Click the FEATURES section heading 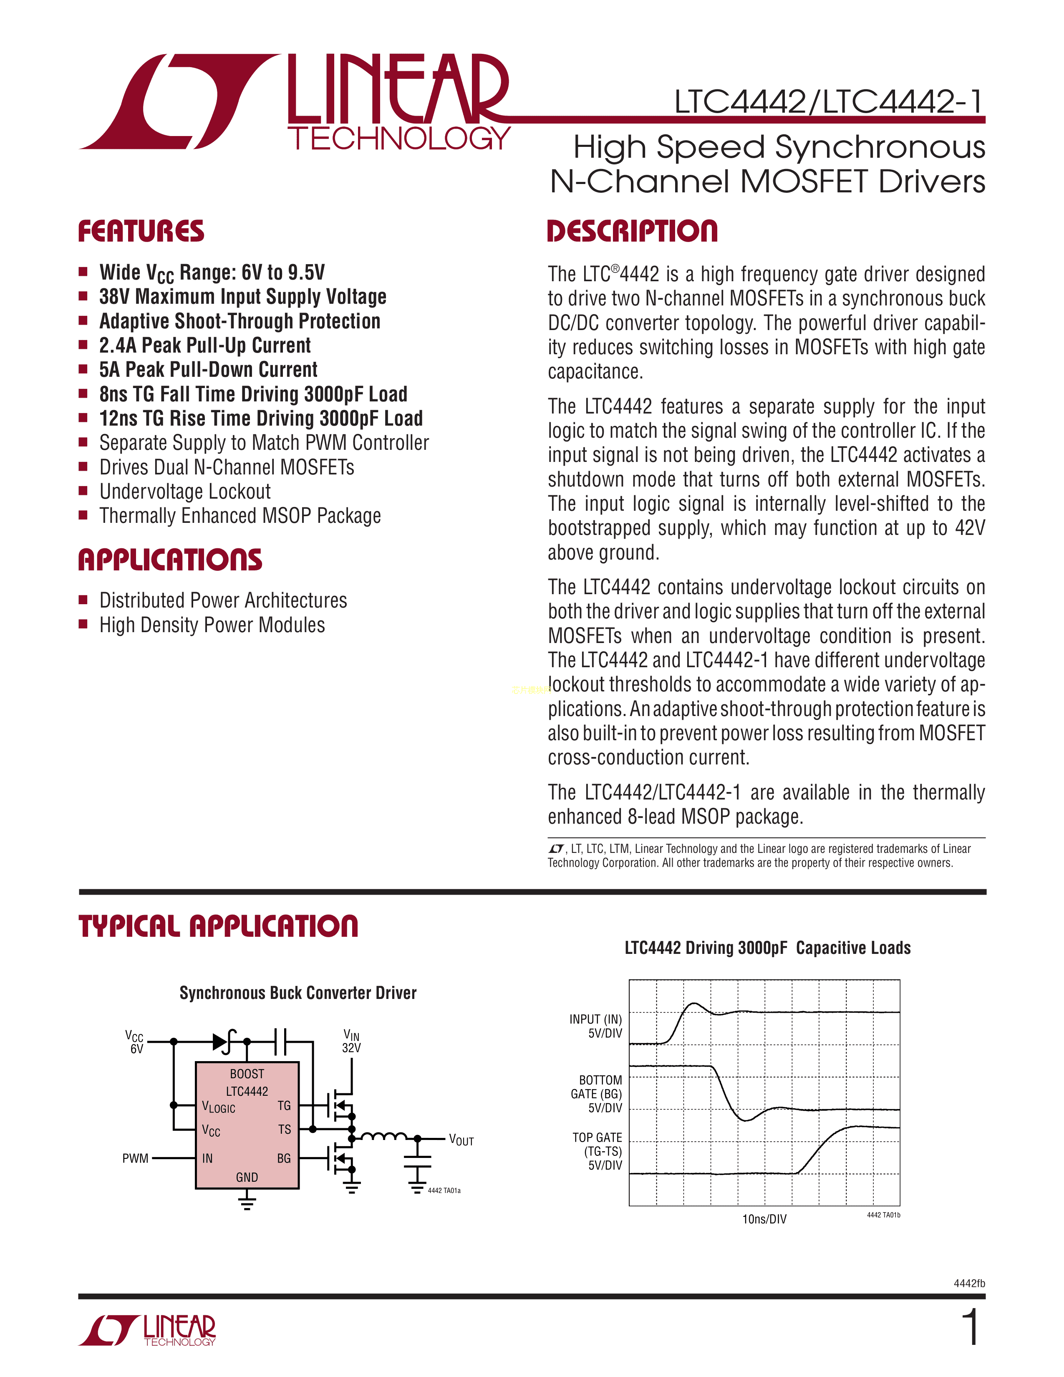click(x=141, y=232)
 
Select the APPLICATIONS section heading click(x=170, y=560)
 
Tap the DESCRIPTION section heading click(x=632, y=232)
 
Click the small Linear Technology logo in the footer click(x=147, y=1330)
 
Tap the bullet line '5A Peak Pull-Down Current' click(x=208, y=369)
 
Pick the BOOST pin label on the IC click(x=247, y=1074)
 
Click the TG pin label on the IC click(x=284, y=1106)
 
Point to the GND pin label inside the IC click(x=247, y=1177)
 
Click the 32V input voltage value click(x=351, y=1048)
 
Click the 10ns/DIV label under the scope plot click(x=764, y=1219)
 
